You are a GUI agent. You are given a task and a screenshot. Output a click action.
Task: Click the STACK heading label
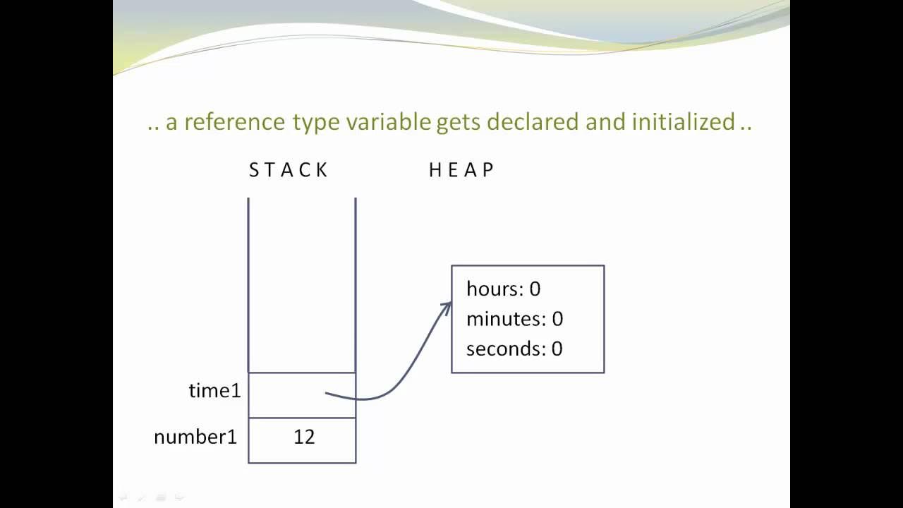click(289, 170)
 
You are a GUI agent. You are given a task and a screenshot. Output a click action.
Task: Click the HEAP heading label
click(461, 170)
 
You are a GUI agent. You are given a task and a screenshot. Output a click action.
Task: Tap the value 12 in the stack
click(304, 437)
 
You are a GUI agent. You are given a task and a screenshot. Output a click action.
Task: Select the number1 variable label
click(195, 437)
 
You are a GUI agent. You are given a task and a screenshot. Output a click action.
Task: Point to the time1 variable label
click(214, 390)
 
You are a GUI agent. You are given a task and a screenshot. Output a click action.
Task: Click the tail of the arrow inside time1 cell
click(327, 393)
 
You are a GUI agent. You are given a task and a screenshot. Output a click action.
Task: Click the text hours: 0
click(503, 289)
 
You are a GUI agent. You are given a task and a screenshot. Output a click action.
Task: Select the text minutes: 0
click(514, 319)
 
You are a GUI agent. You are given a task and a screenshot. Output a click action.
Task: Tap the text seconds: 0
click(514, 349)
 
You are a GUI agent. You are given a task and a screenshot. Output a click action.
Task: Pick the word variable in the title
click(388, 122)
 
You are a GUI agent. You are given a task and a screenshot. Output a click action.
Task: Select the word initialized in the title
click(684, 122)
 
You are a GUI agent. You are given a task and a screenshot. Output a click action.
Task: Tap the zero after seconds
click(557, 349)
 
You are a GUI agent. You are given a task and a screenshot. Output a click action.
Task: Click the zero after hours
click(535, 289)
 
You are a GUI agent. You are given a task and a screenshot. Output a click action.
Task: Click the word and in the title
click(605, 122)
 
